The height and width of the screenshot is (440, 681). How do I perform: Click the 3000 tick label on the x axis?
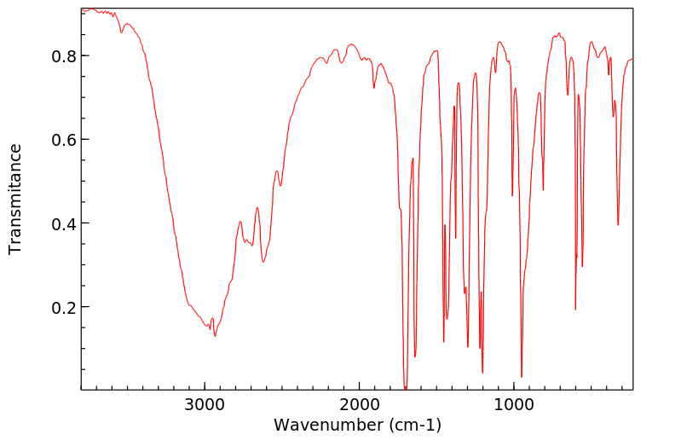pos(205,405)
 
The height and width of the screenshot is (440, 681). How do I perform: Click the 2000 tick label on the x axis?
pos(359,405)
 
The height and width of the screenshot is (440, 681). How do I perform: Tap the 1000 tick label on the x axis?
pos(513,405)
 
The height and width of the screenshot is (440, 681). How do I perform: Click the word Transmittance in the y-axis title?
pos(15,199)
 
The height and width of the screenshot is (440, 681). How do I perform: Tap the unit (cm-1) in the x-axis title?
pos(413,425)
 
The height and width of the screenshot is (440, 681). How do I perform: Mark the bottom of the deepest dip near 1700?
pos(406,388)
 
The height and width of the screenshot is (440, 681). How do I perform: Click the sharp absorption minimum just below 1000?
pos(522,376)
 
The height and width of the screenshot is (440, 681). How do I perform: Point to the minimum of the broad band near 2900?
pos(215,335)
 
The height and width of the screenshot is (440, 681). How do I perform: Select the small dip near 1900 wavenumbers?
pos(373,87)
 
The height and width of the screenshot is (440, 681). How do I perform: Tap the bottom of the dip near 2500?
pos(280,185)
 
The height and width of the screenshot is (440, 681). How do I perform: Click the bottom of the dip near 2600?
pos(263,261)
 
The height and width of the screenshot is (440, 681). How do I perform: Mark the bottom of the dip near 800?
pos(543,189)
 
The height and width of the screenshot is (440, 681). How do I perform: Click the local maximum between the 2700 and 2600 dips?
pos(257,207)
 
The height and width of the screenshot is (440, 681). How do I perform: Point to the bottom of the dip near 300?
pos(618,225)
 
